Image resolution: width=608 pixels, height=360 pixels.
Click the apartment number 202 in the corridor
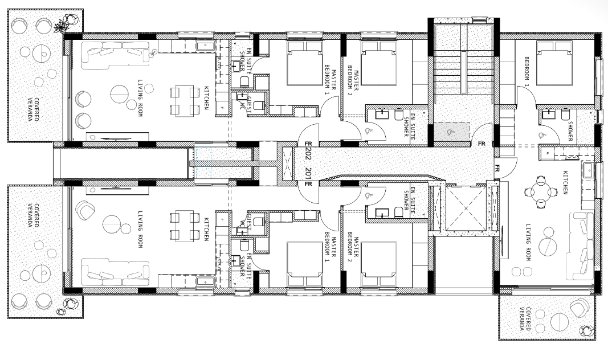click(308, 154)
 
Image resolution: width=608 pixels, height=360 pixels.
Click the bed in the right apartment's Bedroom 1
click(553, 67)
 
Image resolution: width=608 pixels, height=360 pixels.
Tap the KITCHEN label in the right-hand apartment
click(565, 182)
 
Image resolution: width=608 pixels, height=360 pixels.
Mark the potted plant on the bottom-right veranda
click(585, 330)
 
